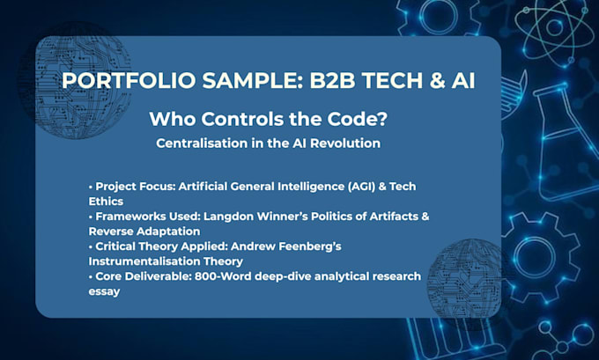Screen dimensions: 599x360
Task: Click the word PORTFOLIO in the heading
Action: (129, 81)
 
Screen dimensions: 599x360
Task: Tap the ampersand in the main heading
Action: (437, 81)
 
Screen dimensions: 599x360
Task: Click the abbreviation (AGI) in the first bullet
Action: (361, 187)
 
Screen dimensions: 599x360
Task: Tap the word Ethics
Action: (106, 202)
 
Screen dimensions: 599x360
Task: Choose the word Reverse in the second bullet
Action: (111, 231)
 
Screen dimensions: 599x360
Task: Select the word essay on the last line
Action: (104, 292)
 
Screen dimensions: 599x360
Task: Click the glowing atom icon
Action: (554, 27)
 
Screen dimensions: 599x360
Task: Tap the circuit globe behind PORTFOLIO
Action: (75, 81)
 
